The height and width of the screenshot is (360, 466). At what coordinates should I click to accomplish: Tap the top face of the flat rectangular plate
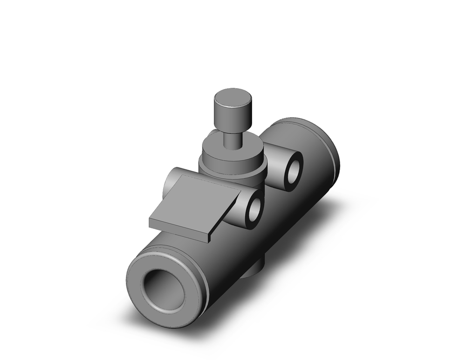click(196, 198)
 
